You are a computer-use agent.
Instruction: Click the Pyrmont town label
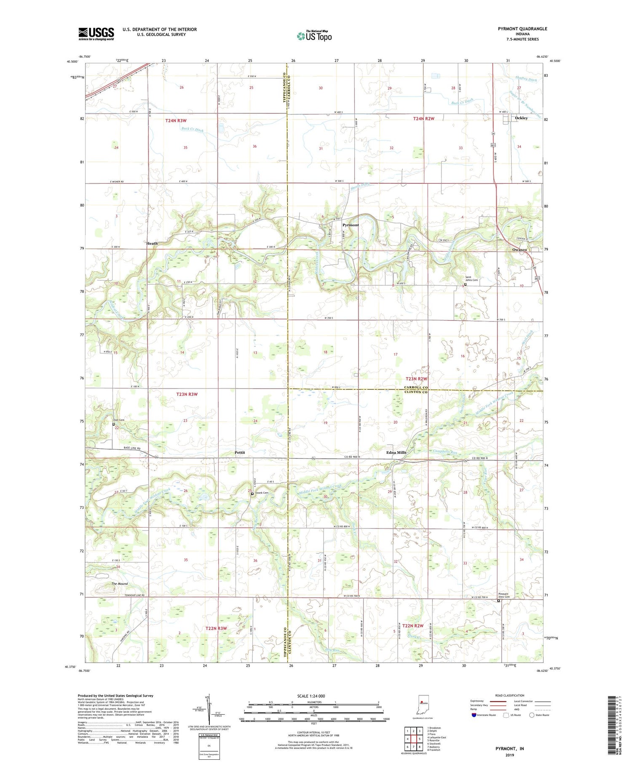(350, 225)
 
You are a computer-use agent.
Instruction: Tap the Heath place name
(152, 243)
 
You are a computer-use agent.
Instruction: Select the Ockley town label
(521, 118)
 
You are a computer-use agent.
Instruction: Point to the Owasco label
(519, 249)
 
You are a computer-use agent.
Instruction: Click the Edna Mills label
(396, 453)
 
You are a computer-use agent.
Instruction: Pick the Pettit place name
(240, 452)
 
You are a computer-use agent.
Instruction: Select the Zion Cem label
(118, 420)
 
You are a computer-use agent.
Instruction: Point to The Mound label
(119, 584)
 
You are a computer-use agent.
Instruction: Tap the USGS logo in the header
(96, 33)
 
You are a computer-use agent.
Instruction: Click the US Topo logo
(314, 36)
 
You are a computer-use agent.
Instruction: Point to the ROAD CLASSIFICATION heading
(510, 695)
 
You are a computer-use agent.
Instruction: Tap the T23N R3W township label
(187, 394)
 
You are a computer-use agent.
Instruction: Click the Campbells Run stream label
(445, 452)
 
